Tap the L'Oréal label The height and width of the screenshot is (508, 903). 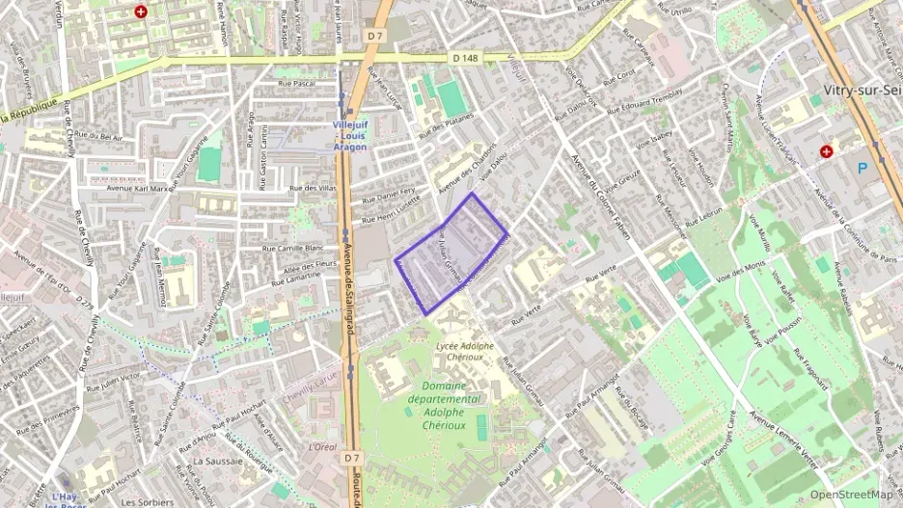coord(322,447)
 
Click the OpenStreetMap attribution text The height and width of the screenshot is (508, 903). coord(851,495)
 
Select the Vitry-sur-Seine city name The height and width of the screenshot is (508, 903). coord(862,90)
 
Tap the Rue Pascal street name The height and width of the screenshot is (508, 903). coord(296,84)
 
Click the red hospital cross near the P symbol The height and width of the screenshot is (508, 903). coord(826,151)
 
